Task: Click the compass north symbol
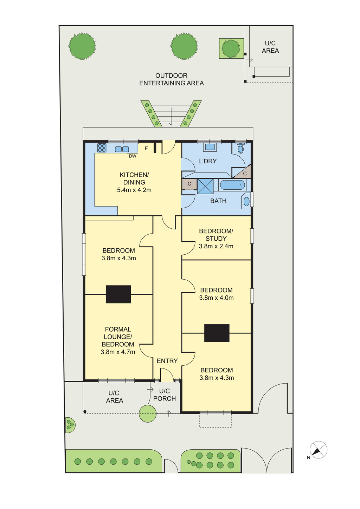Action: [318, 450]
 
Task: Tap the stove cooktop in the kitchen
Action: [102, 148]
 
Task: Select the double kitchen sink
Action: [122, 149]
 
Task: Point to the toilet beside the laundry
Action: [240, 148]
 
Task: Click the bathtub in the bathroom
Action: [232, 185]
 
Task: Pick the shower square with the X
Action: [205, 186]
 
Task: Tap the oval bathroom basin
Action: [246, 202]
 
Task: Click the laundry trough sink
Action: [210, 147]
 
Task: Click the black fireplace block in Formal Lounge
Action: [118, 294]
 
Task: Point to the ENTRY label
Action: [167, 361]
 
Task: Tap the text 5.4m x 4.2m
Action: [134, 190]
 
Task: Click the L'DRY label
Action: [208, 161]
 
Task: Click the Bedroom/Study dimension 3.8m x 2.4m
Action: [216, 246]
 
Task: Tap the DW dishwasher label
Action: [133, 156]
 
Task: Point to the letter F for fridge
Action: [147, 148]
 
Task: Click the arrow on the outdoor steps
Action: [171, 116]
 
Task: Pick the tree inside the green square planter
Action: [231, 48]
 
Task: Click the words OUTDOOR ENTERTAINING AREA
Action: [172, 79]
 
